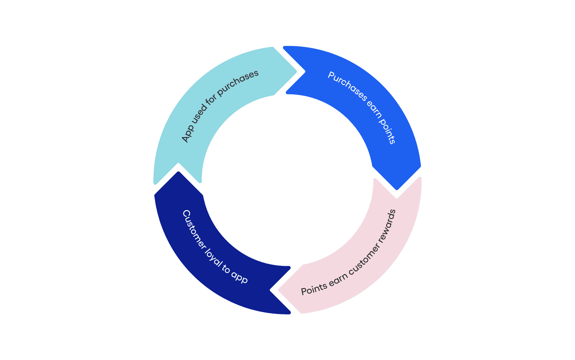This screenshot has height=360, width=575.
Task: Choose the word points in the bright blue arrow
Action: [388, 132]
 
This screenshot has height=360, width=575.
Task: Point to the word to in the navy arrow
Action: [226, 269]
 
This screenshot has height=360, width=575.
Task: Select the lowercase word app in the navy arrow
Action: [239, 278]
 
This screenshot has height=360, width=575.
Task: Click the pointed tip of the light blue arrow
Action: [296, 71]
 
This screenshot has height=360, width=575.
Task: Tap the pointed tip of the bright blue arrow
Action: [397, 189]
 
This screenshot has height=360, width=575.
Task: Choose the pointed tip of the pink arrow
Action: [279, 290]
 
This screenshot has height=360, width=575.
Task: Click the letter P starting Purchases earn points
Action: [331, 76]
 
